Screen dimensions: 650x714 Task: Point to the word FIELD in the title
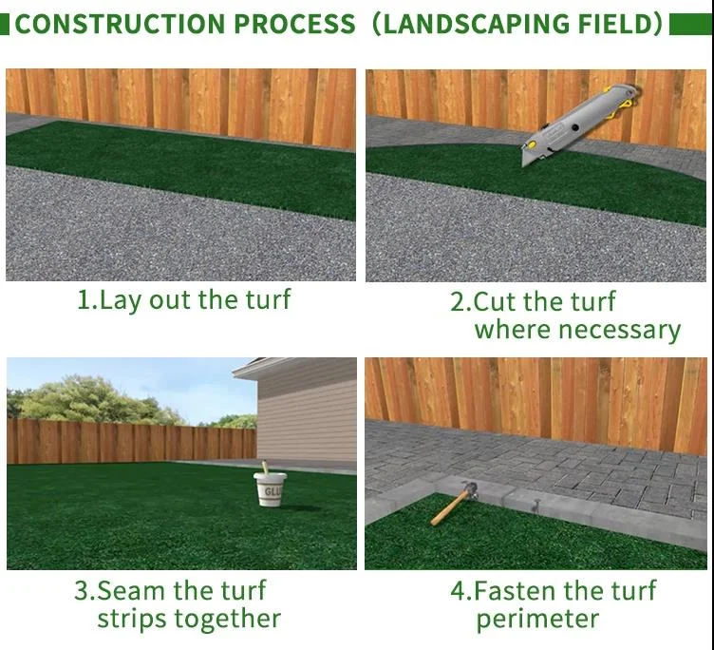pos(611,24)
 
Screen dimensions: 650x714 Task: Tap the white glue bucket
pos(272,489)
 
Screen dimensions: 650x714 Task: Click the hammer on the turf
pos(454,502)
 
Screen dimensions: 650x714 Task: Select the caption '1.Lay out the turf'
pos(183,300)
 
